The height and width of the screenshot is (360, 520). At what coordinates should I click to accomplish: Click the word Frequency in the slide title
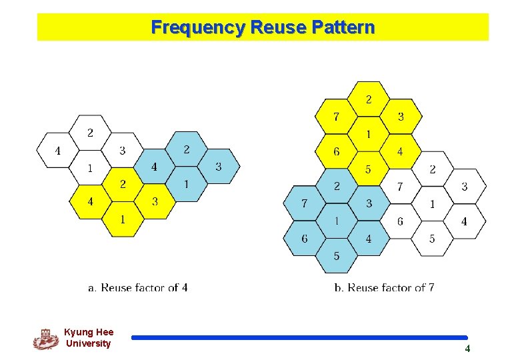pyautogui.click(x=197, y=27)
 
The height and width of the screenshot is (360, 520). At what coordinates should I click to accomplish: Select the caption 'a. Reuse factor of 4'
pyautogui.click(x=138, y=288)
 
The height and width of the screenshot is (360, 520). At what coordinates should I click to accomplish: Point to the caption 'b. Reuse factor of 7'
pyautogui.click(x=384, y=288)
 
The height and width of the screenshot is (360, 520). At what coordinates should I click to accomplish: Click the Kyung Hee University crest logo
pyautogui.click(x=45, y=339)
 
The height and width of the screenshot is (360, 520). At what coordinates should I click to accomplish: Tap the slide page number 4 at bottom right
pyautogui.click(x=467, y=348)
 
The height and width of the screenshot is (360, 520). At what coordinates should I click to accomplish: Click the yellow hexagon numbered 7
pyautogui.click(x=336, y=117)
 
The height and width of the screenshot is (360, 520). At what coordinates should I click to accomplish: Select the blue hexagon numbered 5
pyautogui.click(x=336, y=255)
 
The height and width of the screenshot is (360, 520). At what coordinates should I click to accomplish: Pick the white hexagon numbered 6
pyautogui.click(x=400, y=221)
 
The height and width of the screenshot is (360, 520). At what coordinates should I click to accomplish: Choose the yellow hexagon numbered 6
pyautogui.click(x=336, y=151)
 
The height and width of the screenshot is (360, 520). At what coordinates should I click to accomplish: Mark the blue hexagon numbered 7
pyautogui.click(x=304, y=203)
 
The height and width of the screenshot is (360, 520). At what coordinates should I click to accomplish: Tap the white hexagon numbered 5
pyautogui.click(x=432, y=238)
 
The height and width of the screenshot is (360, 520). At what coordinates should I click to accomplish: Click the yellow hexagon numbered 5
pyautogui.click(x=368, y=169)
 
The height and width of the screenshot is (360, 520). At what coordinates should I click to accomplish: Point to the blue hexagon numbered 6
pyautogui.click(x=304, y=238)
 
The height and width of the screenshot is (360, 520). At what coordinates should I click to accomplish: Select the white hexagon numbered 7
pyautogui.click(x=400, y=186)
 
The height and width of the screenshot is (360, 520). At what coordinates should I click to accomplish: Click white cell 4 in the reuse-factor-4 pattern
pyautogui.click(x=57, y=151)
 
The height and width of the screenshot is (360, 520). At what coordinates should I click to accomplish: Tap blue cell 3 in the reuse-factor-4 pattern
pyautogui.click(x=219, y=167)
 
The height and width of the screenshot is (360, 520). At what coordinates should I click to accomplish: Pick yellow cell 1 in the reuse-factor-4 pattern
pyautogui.click(x=122, y=218)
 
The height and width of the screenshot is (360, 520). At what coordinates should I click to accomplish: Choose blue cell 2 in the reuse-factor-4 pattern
pyautogui.click(x=186, y=149)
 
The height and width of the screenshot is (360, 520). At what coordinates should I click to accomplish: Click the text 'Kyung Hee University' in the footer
pyautogui.click(x=89, y=338)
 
